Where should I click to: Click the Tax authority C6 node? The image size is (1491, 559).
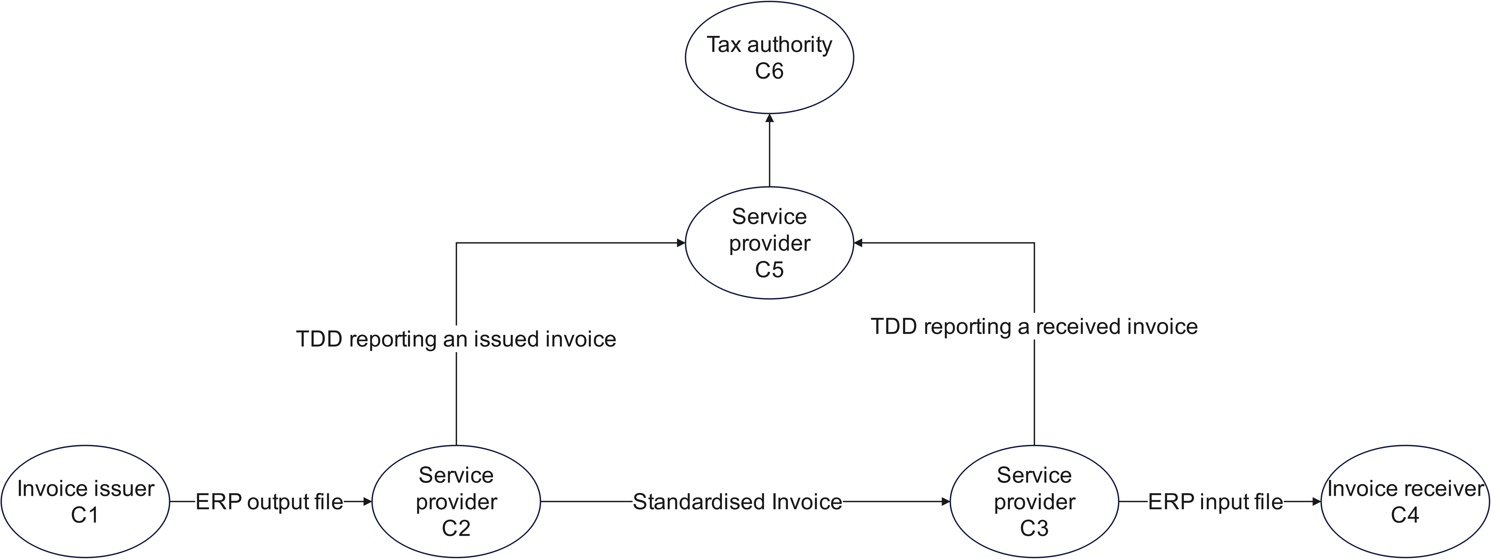pyautogui.click(x=769, y=57)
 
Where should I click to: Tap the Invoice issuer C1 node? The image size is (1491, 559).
pyautogui.click(x=86, y=501)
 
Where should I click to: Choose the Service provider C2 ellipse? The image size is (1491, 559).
pyautogui.click(x=456, y=501)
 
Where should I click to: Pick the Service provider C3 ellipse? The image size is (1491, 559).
pyautogui.click(x=1034, y=501)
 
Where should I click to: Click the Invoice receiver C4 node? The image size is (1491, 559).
pyautogui.click(x=1405, y=501)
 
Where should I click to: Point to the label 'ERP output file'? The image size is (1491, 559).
pyautogui.click(x=269, y=502)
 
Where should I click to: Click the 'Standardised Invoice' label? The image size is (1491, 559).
pyautogui.click(x=737, y=502)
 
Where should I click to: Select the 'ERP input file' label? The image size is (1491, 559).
pyautogui.click(x=1215, y=502)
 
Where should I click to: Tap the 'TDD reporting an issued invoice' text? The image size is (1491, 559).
pyautogui.click(x=456, y=339)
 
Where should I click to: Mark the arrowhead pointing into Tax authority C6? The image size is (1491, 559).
pyautogui.click(x=769, y=118)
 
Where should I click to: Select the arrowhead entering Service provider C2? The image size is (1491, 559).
pyautogui.click(x=367, y=502)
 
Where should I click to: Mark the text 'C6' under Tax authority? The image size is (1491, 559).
pyautogui.click(x=769, y=71)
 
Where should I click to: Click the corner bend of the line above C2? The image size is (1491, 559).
pyautogui.click(x=457, y=243)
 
